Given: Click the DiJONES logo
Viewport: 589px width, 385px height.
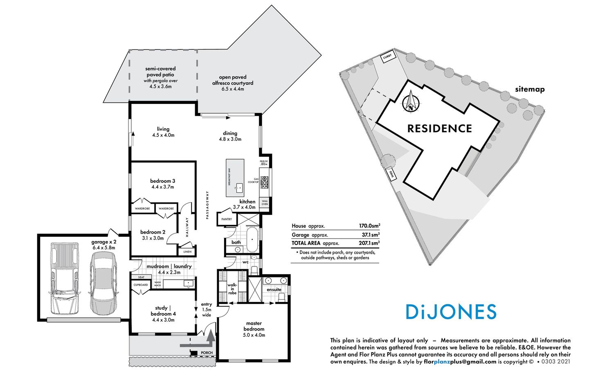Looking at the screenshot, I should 451,312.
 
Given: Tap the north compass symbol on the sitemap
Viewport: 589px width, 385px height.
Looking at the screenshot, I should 410,102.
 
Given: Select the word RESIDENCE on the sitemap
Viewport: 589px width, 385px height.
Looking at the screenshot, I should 440,128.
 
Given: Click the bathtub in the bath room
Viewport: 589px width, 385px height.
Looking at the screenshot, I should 252,239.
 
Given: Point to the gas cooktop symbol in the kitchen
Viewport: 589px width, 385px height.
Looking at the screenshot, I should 265,182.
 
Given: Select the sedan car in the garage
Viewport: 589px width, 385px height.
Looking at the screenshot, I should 103,282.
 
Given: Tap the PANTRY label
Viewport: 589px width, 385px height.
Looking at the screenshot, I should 226,219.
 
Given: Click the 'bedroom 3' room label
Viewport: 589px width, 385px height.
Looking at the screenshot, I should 162,181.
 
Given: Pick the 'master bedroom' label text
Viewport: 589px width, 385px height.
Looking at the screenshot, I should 254,326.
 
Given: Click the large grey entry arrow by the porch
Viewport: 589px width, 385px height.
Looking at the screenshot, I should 210,338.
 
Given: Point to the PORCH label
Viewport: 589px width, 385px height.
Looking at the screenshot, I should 207,353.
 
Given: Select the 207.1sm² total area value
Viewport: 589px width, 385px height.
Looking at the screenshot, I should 369,243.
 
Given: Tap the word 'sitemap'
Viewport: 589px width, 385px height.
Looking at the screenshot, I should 530,89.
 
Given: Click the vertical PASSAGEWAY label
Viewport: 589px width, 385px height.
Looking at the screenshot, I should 207,205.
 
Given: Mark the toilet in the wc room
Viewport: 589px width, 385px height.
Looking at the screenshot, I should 254,270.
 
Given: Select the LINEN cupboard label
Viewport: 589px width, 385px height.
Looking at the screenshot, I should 187,252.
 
